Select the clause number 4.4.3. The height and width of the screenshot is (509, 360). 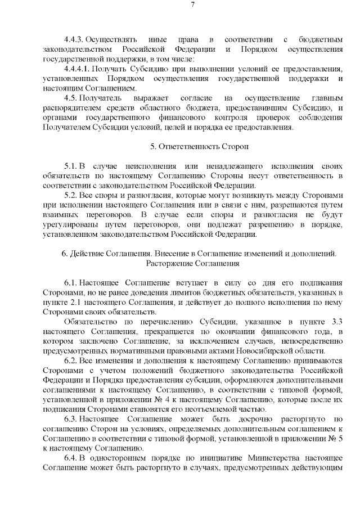pos(74,39)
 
